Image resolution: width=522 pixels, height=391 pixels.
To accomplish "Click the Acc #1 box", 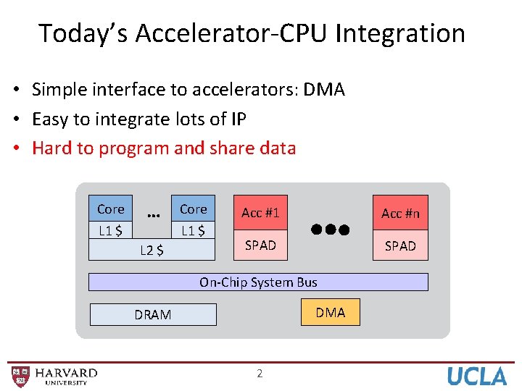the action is pyautogui.click(x=260, y=213).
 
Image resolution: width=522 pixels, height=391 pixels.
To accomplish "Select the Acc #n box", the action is pyautogui.click(x=400, y=213).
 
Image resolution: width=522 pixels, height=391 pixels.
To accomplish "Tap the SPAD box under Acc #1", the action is pyautogui.click(x=260, y=245).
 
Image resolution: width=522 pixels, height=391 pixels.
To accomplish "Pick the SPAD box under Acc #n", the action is pyautogui.click(x=400, y=246).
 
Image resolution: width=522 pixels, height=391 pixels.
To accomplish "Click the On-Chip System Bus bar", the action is pyautogui.click(x=258, y=282).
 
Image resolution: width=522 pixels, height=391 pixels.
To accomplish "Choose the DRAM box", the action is pyautogui.click(x=153, y=314).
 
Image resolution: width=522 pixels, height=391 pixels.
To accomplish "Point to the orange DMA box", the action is pyautogui.click(x=331, y=313).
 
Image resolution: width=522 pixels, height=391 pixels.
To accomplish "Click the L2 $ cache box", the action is pyautogui.click(x=152, y=251).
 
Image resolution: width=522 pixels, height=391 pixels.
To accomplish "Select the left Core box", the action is pyautogui.click(x=110, y=209).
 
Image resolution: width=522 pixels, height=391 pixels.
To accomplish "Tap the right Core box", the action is pyautogui.click(x=193, y=209).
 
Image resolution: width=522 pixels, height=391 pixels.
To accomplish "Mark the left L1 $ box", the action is pyautogui.click(x=110, y=231).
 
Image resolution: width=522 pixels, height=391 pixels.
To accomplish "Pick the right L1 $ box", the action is pyautogui.click(x=193, y=231).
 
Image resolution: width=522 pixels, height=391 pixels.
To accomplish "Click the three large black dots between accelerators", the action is pyautogui.click(x=331, y=230).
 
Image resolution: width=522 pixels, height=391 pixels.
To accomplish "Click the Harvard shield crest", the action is pyautogui.click(x=21, y=375).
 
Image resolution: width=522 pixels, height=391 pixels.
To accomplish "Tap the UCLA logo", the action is pyautogui.click(x=476, y=376).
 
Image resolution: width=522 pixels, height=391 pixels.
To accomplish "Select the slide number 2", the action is pyautogui.click(x=260, y=374).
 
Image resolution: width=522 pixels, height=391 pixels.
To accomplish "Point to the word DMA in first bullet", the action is pyautogui.click(x=324, y=90).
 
